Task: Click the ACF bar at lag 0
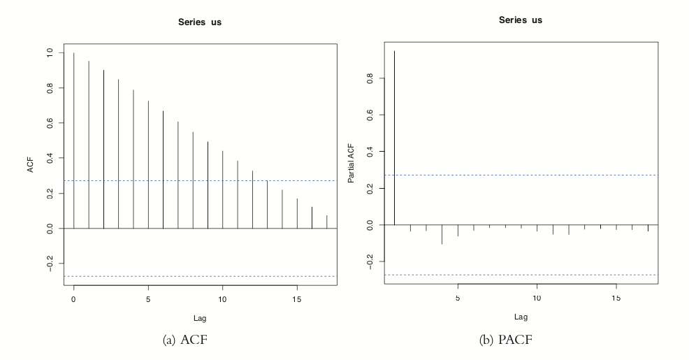[x=74, y=141]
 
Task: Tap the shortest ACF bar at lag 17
[x=327, y=222]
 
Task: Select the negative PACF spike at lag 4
[x=442, y=234]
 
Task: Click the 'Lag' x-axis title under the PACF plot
[x=521, y=317]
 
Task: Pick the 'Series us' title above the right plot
[x=521, y=20]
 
